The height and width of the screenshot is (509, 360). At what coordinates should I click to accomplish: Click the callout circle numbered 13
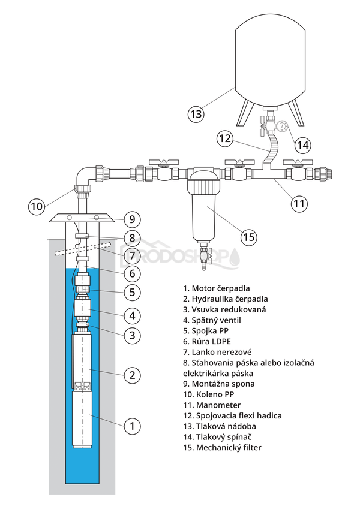pyautogui.click(x=196, y=112)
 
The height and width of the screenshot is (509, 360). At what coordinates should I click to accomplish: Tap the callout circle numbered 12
pyautogui.click(x=224, y=138)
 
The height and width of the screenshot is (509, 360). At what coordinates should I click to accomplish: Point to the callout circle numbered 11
pyautogui.click(x=299, y=203)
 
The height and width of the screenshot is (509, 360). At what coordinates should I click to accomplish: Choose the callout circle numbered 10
pyautogui.click(x=37, y=206)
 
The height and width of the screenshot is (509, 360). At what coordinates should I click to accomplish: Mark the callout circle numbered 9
pyautogui.click(x=132, y=218)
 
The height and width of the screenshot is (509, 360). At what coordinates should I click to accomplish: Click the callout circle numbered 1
pyautogui.click(x=132, y=426)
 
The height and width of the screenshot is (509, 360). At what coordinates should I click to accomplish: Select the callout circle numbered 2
pyautogui.click(x=132, y=375)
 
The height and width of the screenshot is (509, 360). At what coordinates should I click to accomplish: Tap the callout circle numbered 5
pyautogui.click(x=132, y=293)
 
